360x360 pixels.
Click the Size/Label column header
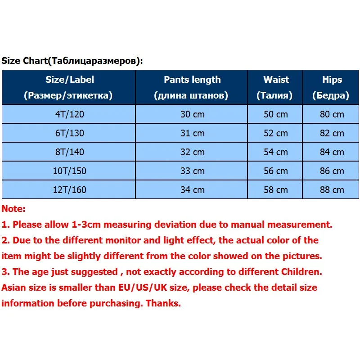click(x=69, y=87)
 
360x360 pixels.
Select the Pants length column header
click(x=192, y=87)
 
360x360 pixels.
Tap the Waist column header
click(x=276, y=87)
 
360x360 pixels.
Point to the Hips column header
click(x=332, y=87)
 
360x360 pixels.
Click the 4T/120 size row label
click(x=69, y=114)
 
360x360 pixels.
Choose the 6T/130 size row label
click(x=69, y=133)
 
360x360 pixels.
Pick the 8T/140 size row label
click(x=69, y=152)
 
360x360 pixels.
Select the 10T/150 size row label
click(x=69, y=171)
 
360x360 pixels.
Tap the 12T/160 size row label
click(x=69, y=190)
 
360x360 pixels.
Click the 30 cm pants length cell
click(x=192, y=114)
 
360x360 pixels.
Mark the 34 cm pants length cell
click(x=192, y=190)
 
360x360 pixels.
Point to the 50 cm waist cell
click(x=276, y=114)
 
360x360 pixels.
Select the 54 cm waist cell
click(x=276, y=152)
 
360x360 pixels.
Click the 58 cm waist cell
click(x=276, y=190)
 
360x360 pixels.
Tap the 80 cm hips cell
click(x=332, y=114)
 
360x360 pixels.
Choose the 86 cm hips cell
click(x=332, y=171)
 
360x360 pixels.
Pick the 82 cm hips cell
click(x=332, y=133)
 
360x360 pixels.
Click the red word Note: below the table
click(x=14, y=209)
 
